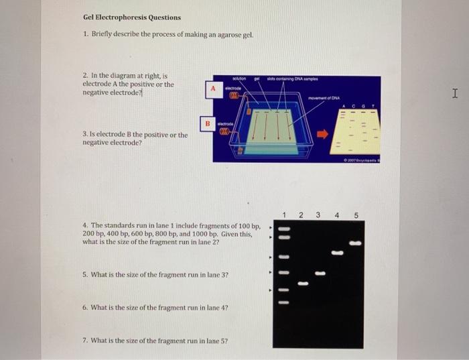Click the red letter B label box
[208, 123]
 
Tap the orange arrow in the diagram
[324, 133]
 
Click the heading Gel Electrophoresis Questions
[131, 17]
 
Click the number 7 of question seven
[84, 340]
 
